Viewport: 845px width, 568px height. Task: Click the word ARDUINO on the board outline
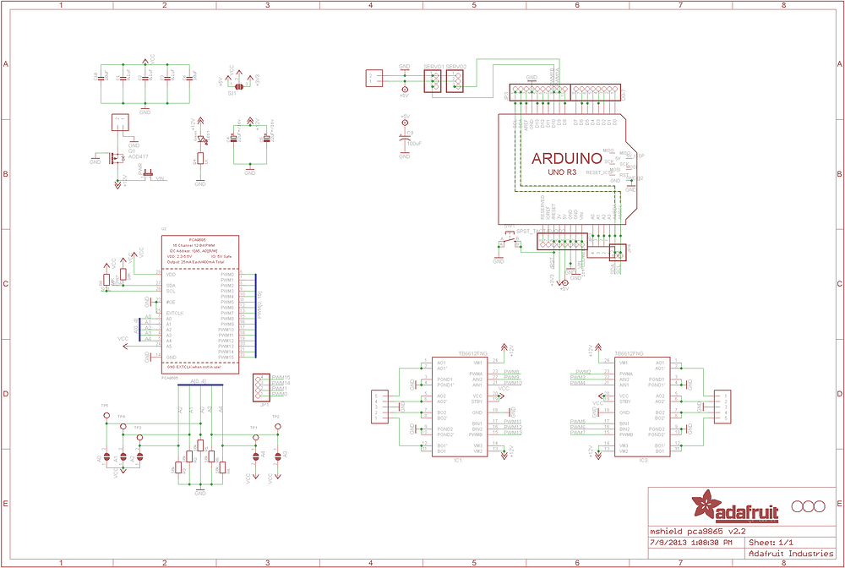coord(566,158)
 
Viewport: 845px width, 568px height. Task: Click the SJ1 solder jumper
coord(239,85)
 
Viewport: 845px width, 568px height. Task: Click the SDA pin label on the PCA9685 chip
coord(172,286)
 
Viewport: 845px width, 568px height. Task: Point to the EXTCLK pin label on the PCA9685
coord(175,313)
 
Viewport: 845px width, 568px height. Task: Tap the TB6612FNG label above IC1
coord(448,353)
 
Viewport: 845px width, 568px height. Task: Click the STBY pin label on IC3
coord(624,401)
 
